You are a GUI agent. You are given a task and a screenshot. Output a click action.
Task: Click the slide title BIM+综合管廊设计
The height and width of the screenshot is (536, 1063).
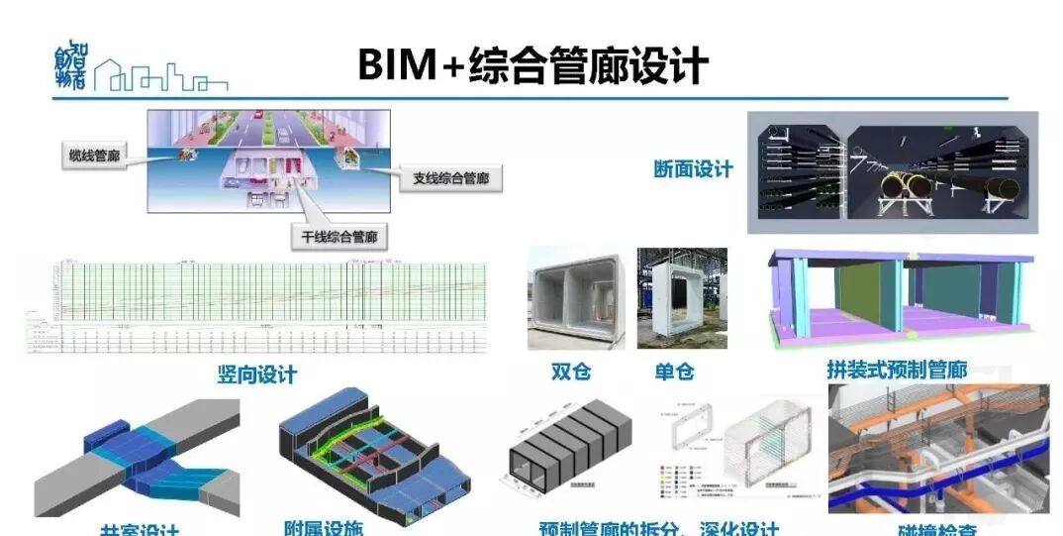pos(532,64)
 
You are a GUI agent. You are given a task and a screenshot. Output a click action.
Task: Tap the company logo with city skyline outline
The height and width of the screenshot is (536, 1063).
pos(139,70)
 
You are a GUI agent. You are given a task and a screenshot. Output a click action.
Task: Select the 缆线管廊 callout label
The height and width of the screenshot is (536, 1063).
pos(97,156)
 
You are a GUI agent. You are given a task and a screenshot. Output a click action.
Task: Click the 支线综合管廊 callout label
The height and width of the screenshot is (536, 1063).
pos(450,178)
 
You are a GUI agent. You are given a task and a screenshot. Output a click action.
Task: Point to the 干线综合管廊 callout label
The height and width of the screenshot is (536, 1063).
pos(339,237)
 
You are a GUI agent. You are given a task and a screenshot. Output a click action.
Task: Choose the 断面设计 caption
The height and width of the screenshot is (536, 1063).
pos(693,169)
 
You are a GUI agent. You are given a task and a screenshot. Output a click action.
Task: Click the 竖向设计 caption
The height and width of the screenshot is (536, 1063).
pos(256,374)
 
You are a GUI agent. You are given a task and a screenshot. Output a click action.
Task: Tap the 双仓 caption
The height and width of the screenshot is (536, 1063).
pos(571,372)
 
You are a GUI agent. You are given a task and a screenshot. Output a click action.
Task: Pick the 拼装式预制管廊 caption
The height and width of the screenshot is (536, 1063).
pos(896,370)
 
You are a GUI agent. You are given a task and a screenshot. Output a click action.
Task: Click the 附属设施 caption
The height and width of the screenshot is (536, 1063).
pos(324,526)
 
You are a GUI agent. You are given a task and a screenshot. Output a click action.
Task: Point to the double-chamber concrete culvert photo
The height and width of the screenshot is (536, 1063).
pos(575,299)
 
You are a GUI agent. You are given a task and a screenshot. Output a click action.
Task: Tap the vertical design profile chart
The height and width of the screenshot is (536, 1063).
pos(257,306)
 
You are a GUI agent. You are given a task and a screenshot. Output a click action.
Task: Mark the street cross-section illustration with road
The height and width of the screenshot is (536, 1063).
pos(268,161)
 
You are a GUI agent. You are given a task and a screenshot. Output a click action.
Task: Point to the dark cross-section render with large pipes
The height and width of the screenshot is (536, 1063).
pos(893,172)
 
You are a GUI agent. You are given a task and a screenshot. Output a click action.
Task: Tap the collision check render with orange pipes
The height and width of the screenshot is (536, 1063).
pos(937,450)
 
